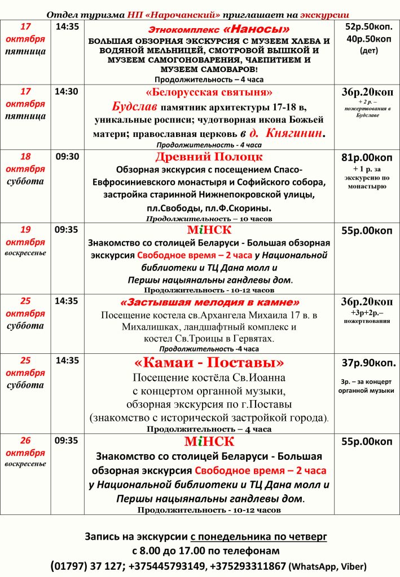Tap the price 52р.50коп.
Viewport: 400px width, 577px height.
click(370, 26)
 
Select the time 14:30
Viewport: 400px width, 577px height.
click(67, 91)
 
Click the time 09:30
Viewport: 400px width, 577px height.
click(67, 156)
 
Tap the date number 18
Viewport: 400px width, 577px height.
click(26, 156)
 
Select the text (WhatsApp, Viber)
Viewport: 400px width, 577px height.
click(327, 566)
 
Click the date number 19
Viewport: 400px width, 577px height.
click(26, 229)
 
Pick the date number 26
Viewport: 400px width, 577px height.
click(26, 441)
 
